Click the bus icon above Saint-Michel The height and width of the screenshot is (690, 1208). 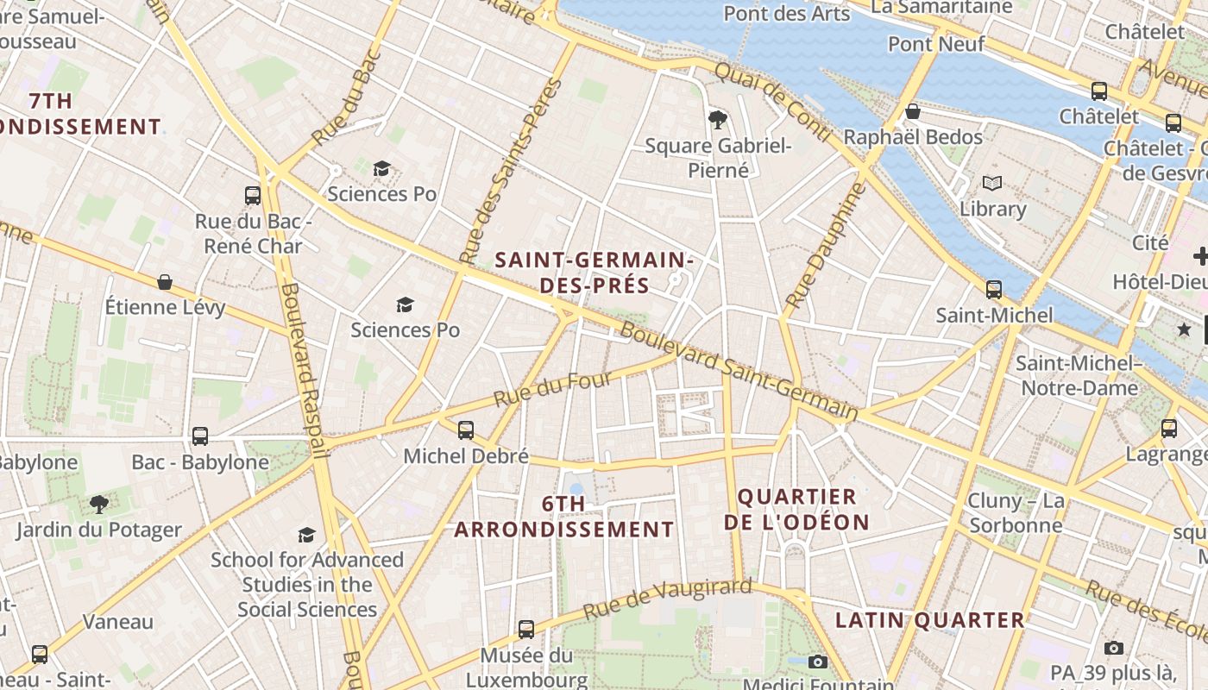tap(994, 290)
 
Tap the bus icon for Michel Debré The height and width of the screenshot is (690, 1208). tap(466, 430)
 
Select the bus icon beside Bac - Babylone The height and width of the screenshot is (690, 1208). tap(200, 436)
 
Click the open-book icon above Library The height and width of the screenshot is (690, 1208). tap(992, 183)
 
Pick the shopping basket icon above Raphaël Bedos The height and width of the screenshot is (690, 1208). tap(913, 111)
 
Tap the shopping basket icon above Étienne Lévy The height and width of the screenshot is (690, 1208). tap(165, 282)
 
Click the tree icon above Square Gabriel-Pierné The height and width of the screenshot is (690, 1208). tap(717, 119)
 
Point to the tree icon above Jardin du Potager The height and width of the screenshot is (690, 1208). tap(99, 504)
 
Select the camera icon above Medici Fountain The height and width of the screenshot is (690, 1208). tap(818, 662)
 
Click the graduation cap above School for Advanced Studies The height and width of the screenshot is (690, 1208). tap(306, 535)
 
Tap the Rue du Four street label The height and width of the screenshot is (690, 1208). tap(552, 389)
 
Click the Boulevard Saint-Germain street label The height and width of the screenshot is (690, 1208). tap(739, 372)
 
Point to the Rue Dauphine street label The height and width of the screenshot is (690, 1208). tap(825, 246)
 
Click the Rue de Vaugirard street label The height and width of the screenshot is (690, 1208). tap(667, 599)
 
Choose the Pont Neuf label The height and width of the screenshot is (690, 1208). tap(936, 43)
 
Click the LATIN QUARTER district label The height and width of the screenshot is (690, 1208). tap(929, 620)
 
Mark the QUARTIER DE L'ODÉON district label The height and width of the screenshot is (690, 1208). tap(796, 509)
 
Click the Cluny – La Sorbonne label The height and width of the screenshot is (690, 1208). tap(1016, 513)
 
